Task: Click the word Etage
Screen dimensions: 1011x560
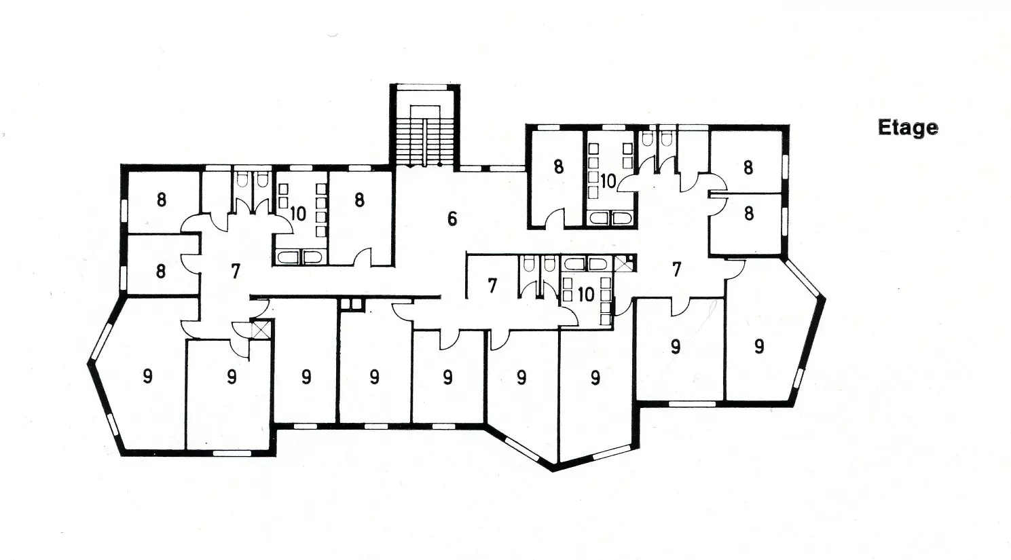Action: click(x=908, y=128)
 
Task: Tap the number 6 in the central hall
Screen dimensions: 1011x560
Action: click(x=452, y=219)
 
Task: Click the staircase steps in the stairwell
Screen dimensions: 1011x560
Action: click(x=425, y=142)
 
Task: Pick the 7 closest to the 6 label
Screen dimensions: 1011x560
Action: click(x=492, y=285)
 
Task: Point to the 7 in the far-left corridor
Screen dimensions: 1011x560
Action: click(x=235, y=272)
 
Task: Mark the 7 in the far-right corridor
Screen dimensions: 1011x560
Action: click(x=676, y=269)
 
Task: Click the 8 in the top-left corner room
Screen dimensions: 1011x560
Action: click(x=161, y=200)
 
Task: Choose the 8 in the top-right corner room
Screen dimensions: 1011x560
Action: click(x=748, y=168)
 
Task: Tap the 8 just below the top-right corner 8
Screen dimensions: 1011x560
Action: click(x=749, y=213)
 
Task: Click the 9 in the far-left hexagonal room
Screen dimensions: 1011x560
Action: click(x=147, y=376)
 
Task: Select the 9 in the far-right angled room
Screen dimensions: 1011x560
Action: click(x=759, y=347)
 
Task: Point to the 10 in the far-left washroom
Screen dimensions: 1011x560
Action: click(x=298, y=213)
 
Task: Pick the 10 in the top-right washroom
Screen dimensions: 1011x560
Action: click(x=608, y=181)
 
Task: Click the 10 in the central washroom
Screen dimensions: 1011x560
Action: click(x=585, y=295)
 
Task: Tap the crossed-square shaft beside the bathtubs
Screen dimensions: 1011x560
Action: click(x=623, y=263)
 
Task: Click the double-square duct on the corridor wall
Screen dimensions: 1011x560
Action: click(x=352, y=304)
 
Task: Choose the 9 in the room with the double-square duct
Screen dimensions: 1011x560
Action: click(x=374, y=376)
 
